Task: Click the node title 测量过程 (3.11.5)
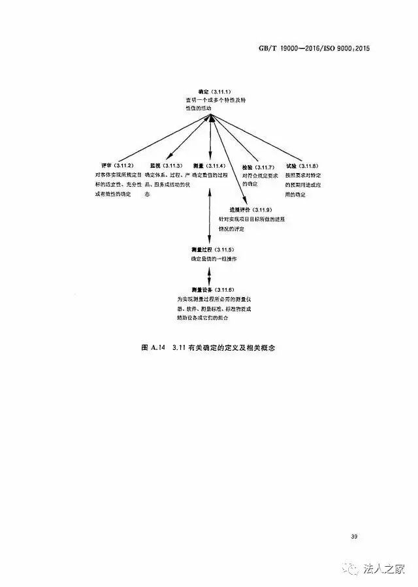(x=212, y=251)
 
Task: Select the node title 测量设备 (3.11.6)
(x=212, y=289)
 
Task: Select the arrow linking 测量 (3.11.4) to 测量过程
(x=209, y=215)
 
